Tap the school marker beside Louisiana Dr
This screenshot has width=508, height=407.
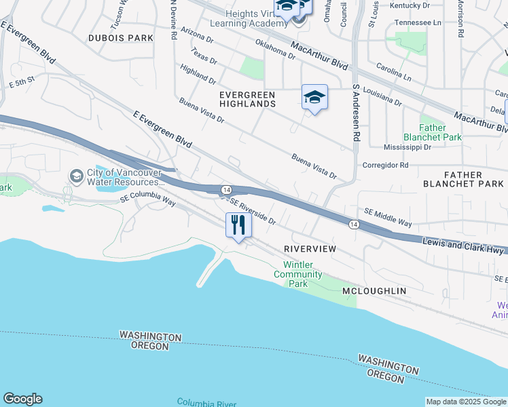point(314,98)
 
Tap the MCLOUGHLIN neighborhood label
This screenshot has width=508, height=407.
point(374,291)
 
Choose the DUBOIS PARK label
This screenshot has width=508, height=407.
point(121,38)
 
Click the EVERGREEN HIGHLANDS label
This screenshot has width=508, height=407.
point(247,99)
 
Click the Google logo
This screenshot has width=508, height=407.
point(22,399)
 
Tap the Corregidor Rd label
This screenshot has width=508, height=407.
point(384,165)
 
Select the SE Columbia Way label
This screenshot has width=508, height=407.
point(147,201)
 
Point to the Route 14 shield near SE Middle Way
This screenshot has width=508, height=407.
point(353,224)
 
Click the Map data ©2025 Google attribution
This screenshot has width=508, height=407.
point(465,402)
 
